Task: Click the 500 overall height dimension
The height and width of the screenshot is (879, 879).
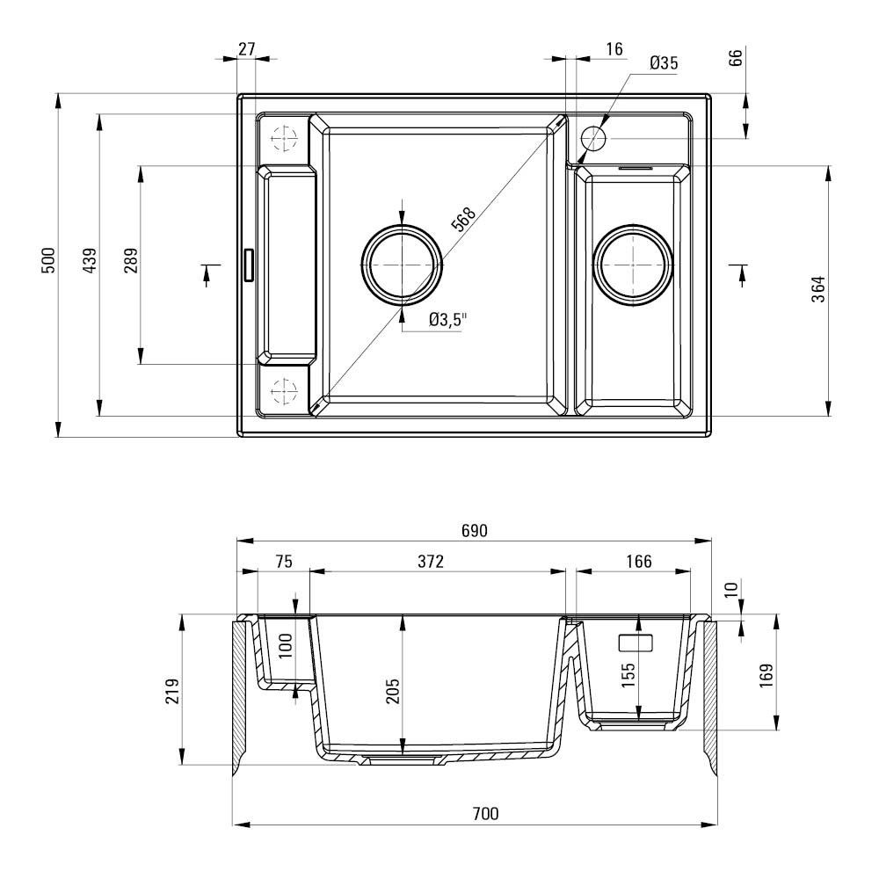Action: (x=49, y=260)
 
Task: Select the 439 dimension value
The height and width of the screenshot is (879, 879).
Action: (x=90, y=260)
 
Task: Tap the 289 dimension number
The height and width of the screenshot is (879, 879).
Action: (x=131, y=260)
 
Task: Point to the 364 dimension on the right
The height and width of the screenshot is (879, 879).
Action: (x=818, y=289)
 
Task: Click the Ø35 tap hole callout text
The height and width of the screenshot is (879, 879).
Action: (x=664, y=62)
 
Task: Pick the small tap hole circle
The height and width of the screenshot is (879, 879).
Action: (x=593, y=138)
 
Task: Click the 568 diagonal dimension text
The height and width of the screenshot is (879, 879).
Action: (x=464, y=219)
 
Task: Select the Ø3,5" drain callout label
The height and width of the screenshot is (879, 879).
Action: (x=448, y=320)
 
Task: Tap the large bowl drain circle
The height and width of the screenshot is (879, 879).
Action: (x=402, y=264)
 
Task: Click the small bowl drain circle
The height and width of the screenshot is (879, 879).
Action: (x=633, y=265)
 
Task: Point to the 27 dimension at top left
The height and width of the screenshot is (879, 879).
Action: (x=247, y=49)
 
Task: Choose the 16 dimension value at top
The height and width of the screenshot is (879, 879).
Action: (x=614, y=49)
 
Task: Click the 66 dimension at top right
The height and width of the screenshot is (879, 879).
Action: (x=736, y=57)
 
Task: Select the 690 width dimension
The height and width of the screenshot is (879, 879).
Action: (x=475, y=530)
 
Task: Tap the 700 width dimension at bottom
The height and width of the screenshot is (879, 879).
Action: (x=485, y=813)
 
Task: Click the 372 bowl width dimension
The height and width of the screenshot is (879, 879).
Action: (x=431, y=561)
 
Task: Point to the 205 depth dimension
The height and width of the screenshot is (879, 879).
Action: (x=393, y=691)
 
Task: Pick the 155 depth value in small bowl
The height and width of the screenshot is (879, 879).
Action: (x=628, y=675)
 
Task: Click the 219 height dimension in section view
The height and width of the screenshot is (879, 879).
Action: (x=172, y=691)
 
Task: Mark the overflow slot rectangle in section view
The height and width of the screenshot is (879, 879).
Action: (x=636, y=643)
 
